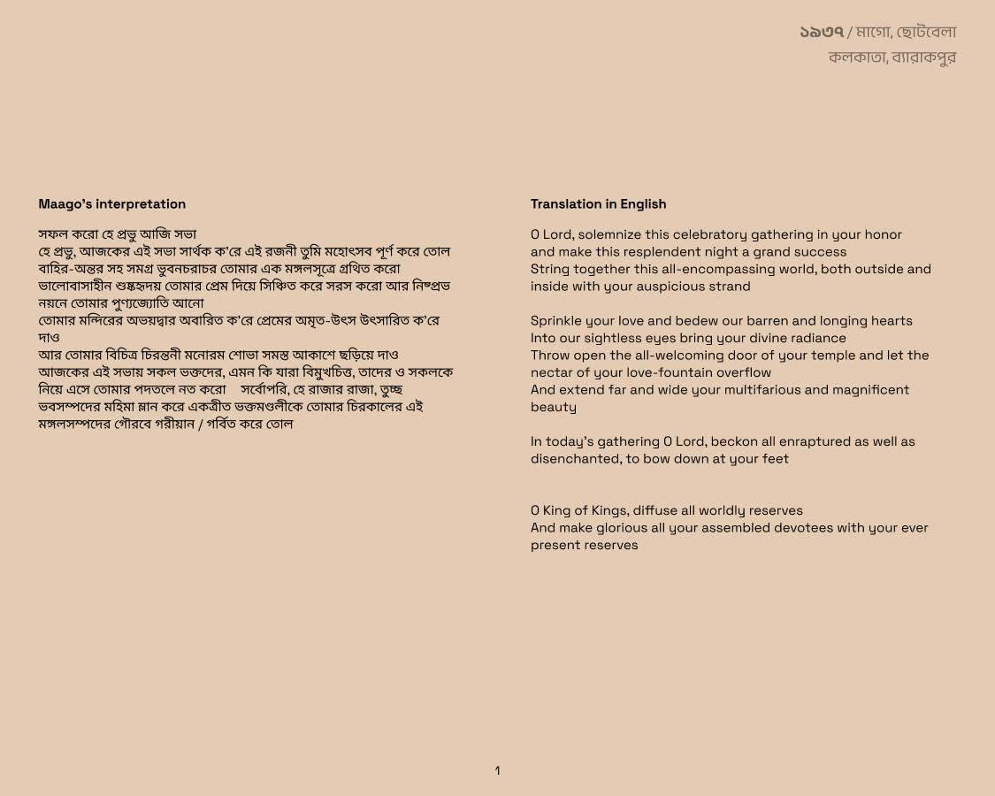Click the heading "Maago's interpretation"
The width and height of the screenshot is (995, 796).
coord(111,204)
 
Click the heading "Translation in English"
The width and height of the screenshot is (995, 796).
coord(598,204)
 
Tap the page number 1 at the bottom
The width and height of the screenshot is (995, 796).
coord(497,771)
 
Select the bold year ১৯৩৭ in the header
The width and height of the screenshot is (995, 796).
coord(822,33)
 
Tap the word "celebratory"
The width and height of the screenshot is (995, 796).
coord(709,234)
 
